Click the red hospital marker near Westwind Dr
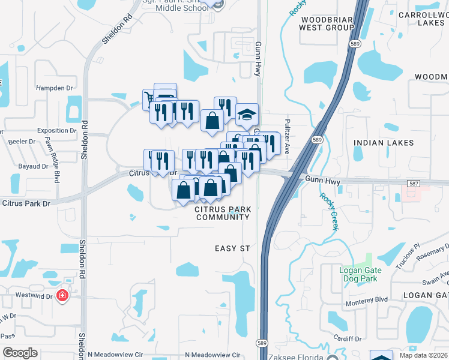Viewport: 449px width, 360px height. tap(62, 296)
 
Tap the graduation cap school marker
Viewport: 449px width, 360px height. tap(246, 115)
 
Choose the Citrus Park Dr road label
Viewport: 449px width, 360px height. tap(26, 203)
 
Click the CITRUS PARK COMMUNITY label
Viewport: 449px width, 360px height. tap(222, 213)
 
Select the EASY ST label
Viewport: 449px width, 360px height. tap(232, 248)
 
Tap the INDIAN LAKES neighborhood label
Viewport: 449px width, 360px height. tap(384, 143)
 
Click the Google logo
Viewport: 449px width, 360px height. tap(20, 352)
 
